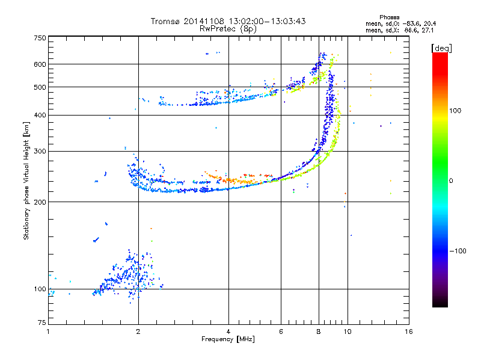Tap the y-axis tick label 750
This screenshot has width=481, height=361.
point(40,38)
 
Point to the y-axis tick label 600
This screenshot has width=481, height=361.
point(40,64)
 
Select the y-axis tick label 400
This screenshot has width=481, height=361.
point(40,115)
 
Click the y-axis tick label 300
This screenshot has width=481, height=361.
point(40,151)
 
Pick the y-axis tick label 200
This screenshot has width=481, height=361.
point(40,202)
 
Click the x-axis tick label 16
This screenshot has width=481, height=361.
point(408,332)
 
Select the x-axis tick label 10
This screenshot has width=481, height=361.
point(347,332)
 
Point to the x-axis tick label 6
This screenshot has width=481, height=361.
point(281,332)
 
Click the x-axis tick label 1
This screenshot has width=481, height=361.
point(48,332)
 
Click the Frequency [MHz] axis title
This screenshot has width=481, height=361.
point(228,339)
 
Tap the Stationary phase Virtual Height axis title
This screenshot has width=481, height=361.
point(26,181)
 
